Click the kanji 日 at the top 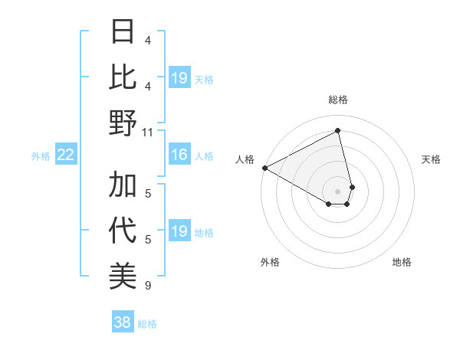(123, 32)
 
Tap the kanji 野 (123, 122)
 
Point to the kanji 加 (123, 185)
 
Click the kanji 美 (123, 275)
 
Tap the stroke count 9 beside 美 (148, 286)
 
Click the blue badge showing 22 (65, 155)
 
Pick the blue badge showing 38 (123, 322)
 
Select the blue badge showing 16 (179, 155)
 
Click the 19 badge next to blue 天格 (179, 78)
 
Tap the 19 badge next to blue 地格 (179, 231)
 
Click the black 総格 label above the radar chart (338, 100)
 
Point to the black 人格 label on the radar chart (245, 159)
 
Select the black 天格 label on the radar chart (432, 159)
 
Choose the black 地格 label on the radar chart (402, 262)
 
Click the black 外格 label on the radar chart (270, 262)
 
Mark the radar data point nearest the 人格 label (264, 167)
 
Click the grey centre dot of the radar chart (338, 190)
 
